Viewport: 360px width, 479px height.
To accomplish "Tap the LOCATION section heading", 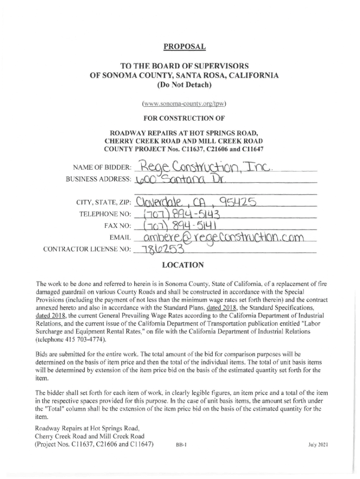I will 182,265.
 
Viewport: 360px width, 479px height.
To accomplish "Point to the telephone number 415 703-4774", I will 78,339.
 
